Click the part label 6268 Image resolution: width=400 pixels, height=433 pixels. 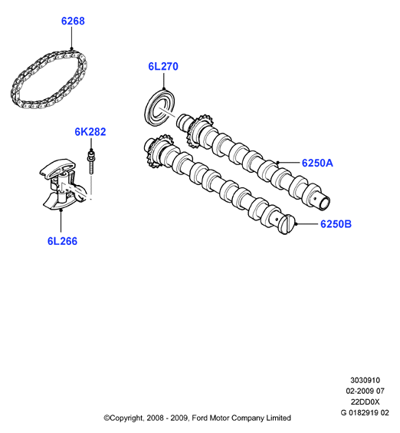[73, 21]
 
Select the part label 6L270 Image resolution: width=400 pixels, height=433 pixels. [163, 66]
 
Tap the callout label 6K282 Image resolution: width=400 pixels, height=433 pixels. [90, 132]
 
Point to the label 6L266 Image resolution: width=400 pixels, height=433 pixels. [62, 241]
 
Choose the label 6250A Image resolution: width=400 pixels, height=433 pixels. [317, 163]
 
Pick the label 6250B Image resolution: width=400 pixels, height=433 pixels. [336, 223]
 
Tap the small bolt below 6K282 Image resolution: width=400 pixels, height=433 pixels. [91, 163]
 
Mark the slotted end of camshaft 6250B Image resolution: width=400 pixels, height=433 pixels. [287, 224]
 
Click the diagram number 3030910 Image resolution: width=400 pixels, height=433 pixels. [365, 380]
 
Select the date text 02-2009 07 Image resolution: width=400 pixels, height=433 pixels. [365, 391]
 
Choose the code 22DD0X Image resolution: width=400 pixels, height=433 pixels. [365, 402]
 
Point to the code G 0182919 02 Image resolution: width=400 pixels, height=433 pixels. [365, 412]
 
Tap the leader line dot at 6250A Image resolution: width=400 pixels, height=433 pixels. [278, 163]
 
